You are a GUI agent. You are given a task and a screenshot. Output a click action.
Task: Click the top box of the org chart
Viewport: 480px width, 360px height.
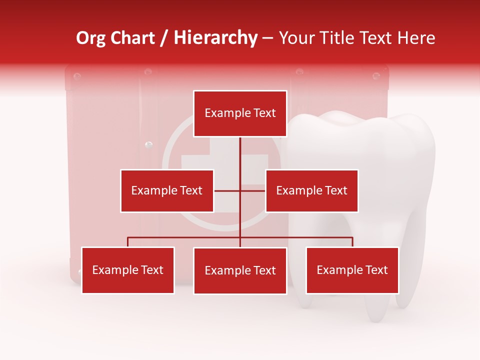click(x=240, y=113)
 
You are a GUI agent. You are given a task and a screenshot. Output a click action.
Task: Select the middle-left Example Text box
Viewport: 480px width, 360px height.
click(x=167, y=190)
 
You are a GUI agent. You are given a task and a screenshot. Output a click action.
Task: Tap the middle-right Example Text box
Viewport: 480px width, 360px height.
click(x=311, y=190)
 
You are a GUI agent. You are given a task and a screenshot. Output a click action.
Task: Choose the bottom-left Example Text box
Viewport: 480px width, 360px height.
click(x=128, y=270)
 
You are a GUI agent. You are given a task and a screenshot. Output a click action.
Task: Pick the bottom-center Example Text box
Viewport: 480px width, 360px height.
click(x=240, y=270)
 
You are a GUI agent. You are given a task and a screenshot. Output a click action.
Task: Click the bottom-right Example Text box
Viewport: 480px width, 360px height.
click(x=352, y=270)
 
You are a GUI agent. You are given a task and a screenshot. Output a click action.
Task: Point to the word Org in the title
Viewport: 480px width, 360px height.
click(x=90, y=38)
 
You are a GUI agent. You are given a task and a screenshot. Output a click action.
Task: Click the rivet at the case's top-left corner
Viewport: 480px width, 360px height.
click(x=77, y=76)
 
